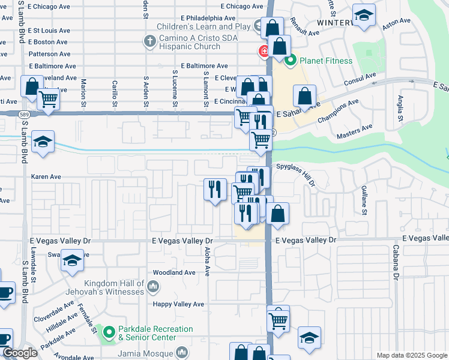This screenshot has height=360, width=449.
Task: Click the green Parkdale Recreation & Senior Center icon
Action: pyautogui.click(x=108, y=332)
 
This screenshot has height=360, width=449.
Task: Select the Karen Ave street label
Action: pyautogui.click(x=46, y=177)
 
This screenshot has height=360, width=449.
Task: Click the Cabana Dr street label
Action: pyautogui.click(x=396, y=262)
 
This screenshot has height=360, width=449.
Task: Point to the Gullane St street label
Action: pyautogui.click(x=364, y=199)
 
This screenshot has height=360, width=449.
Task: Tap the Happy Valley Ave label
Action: pyautogui.click(x=178, y=304)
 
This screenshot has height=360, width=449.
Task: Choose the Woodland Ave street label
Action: pyautogui.click(x=174, y=272)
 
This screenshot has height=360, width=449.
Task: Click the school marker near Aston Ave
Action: pyautogui.click(x=363, y=16)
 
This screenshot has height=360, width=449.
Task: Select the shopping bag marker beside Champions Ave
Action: pyautogui.click(x=305, y=96)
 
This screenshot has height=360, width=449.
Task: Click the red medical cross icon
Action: pyautogui.click(x=263, y=52)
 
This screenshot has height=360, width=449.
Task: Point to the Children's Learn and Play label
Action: pyautogui.click(x=203, y=26)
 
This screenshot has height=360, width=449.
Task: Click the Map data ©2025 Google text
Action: pyautogui.click(x=411, y=355)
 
